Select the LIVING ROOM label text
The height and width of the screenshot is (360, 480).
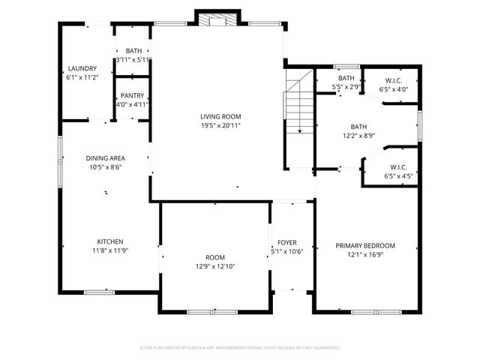pos(220,116)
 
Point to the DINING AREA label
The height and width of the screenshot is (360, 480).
pos(104,158)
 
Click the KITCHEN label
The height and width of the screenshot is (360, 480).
pos(109,241)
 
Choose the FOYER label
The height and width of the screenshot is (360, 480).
pos(286,243)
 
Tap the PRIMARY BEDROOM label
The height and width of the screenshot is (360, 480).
pos(364,246)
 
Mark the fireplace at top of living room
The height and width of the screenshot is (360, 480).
pos(217,18)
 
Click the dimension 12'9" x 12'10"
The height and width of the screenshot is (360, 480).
pos(214,266)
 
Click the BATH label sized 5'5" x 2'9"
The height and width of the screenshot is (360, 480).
pos(346,78)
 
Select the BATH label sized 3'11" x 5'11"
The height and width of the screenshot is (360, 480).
pos(133,51)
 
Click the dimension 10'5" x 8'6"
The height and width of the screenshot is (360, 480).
pos(104,167)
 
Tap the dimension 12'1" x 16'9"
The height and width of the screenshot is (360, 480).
pos(364,255)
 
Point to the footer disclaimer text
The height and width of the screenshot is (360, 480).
pos(240,348)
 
